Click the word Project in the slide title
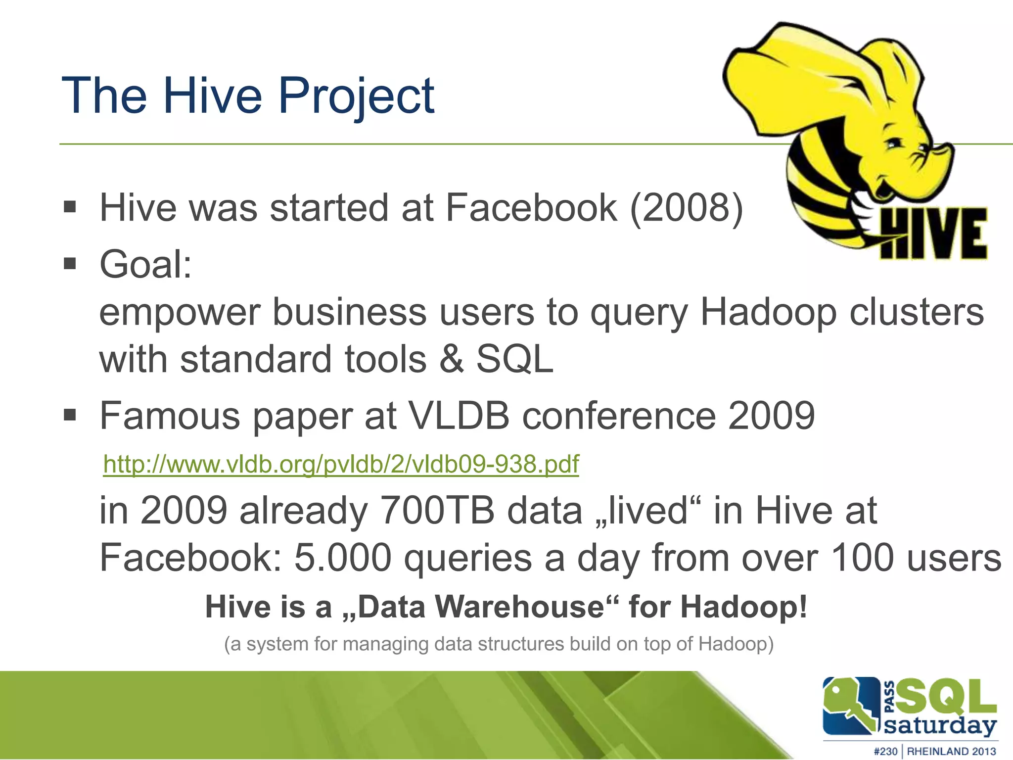coord(356,96)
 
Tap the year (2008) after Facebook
coord(687,208)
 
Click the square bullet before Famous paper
coord(70,415)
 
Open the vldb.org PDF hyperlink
coord(341,464)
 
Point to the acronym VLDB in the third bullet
coord(460,416)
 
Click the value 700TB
coord(437,511)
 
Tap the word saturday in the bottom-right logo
coord(940,726)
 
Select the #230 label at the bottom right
coord(885,751)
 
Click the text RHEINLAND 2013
coord(951,751)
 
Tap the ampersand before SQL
coord(452,359)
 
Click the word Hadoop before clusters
coord(768,313)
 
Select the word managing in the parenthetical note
coord(386,644)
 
